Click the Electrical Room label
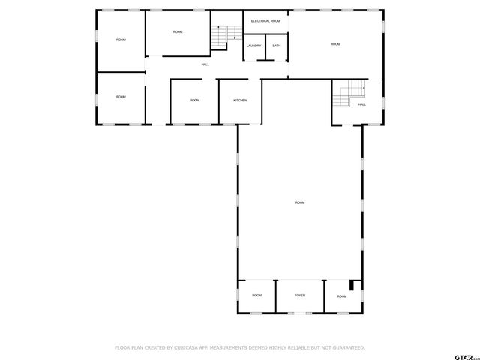tap(265, 21)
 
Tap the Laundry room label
tap(253, 46)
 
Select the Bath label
tap(277, 46)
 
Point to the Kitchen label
tap(240, 100)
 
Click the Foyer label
tap(299, 295)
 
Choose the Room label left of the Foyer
tap(256, 295)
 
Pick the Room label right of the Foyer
tap(342, 296)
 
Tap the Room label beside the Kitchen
tap(194, 100)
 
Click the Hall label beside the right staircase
tap(362, 104)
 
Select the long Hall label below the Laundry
tap(205, 64)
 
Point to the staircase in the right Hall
tap(350, 94)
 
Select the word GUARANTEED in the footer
tap(347, 348)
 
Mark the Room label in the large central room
tap(300, 202)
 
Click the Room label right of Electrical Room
tap(335, 44)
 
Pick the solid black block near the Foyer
tap(355, 285)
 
